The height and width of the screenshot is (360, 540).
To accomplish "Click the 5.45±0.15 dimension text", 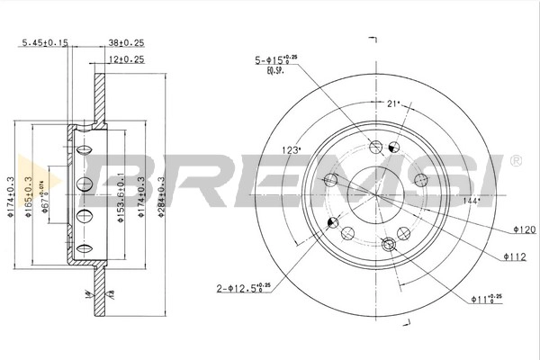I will pos(45,41).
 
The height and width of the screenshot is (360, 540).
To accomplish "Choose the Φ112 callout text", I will pos(515,256).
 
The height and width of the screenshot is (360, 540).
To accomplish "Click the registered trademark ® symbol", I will pos(515,160).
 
